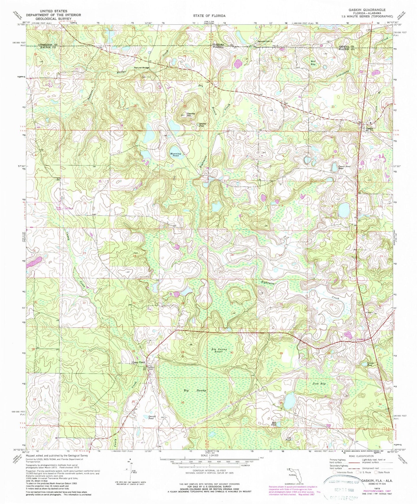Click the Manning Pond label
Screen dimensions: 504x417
(175, 155)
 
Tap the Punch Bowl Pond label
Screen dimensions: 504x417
(337, 167)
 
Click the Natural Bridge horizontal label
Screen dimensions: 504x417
(141, 68)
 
